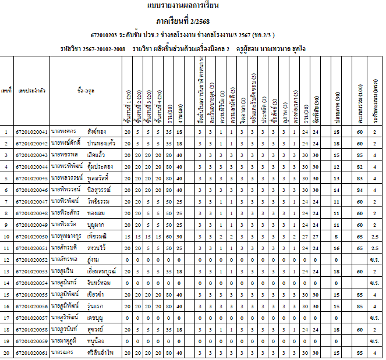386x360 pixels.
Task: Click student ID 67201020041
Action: pyautogui.click(x=31, y=132)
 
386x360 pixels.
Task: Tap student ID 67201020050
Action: pyautogui.click(x=31, y=237)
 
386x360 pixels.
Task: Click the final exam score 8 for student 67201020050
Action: pyautogui.click(x=337, y=237)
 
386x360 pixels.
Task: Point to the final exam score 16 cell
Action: pyautogui.click(x=337, y=249)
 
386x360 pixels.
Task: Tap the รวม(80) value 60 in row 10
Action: pyautogui.click(x=169, y=237)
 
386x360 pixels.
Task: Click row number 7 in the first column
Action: pyautogui.click(x=6, y=202)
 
